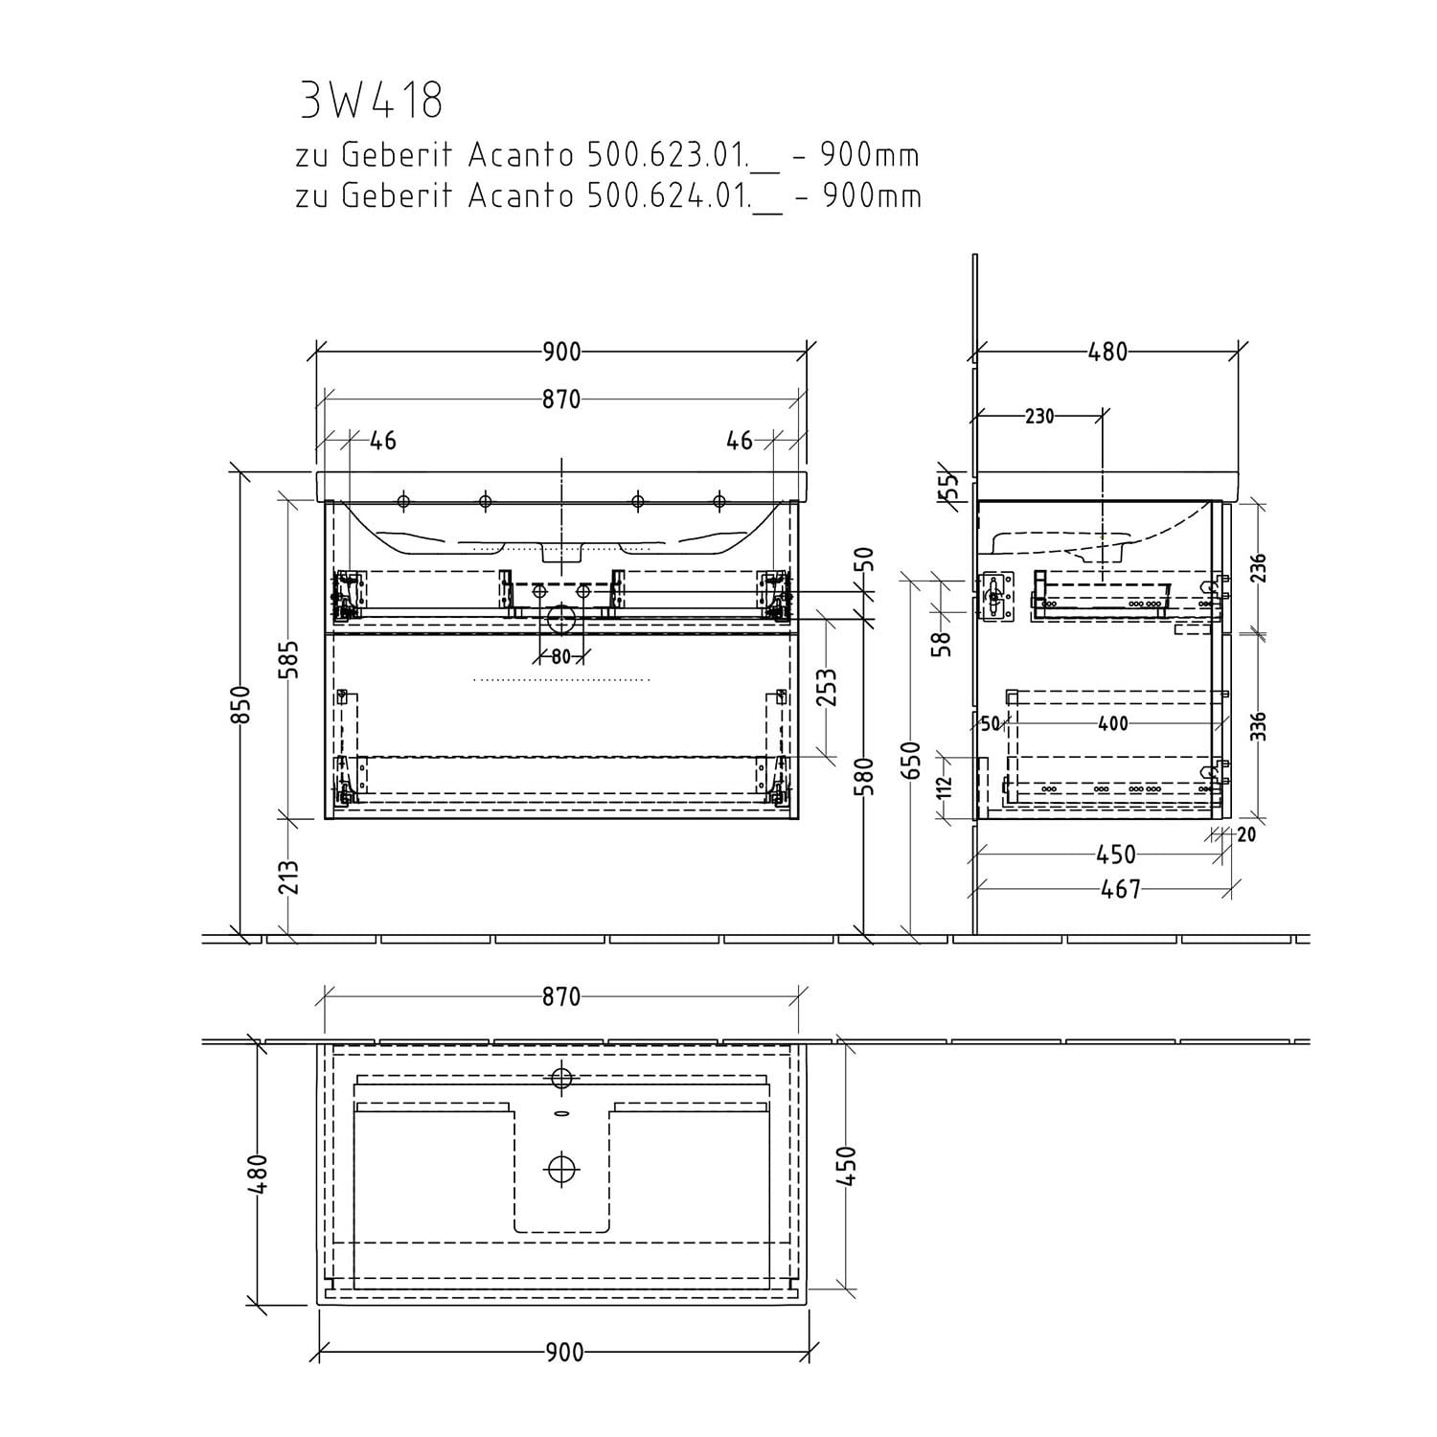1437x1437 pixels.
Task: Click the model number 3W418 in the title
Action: pos(371,100)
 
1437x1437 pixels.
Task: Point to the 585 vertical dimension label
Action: pos(291,659)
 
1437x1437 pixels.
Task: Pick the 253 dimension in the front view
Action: pos(827,685)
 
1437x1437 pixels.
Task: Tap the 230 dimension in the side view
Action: pos(1039,416)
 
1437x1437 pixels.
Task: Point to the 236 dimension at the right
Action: pos(1259,567)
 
